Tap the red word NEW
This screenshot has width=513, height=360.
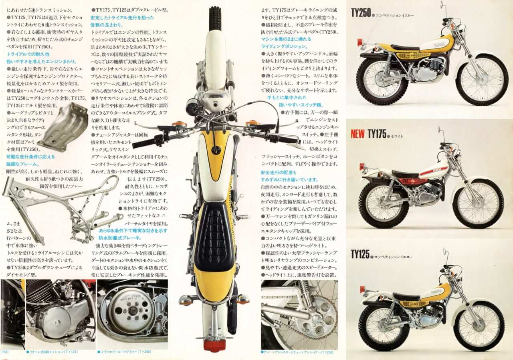[357, 134]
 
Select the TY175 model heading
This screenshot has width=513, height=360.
[377, 134]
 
